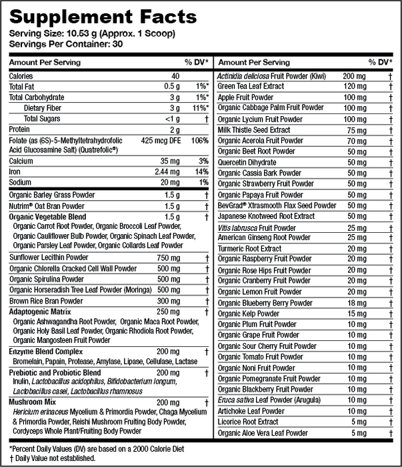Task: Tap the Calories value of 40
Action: point(175,76)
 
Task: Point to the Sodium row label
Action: point(21,183)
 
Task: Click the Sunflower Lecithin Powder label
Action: point(49,258)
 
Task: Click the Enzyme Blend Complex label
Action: point(45,351)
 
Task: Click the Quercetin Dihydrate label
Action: point(247,162)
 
